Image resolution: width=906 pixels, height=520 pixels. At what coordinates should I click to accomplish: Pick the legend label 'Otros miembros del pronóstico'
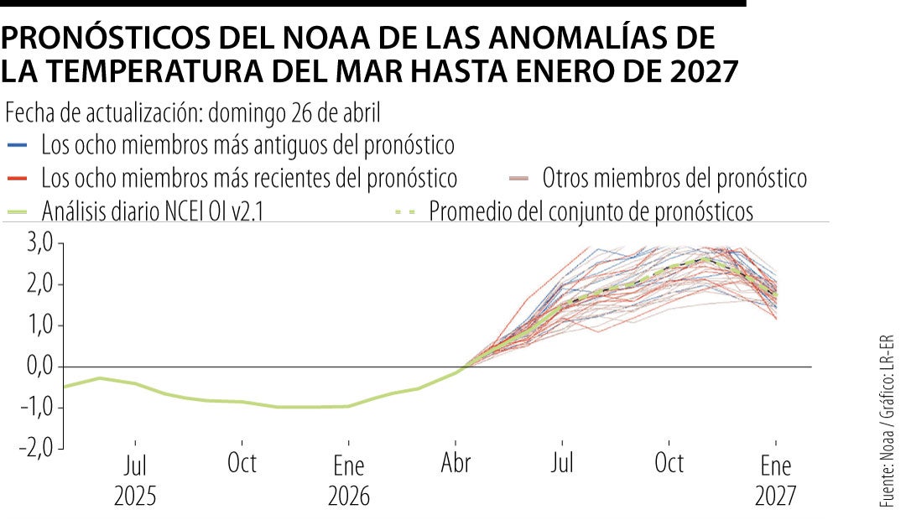click(674, 179)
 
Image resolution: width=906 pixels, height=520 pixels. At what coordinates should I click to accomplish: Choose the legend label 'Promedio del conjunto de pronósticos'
click(591, 212)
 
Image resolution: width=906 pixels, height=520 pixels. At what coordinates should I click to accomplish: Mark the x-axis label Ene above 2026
click(348, 465)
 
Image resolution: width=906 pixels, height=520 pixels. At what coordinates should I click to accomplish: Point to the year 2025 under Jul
click(135, 496)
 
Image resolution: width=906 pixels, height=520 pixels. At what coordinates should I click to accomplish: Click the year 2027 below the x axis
click(776, 496)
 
